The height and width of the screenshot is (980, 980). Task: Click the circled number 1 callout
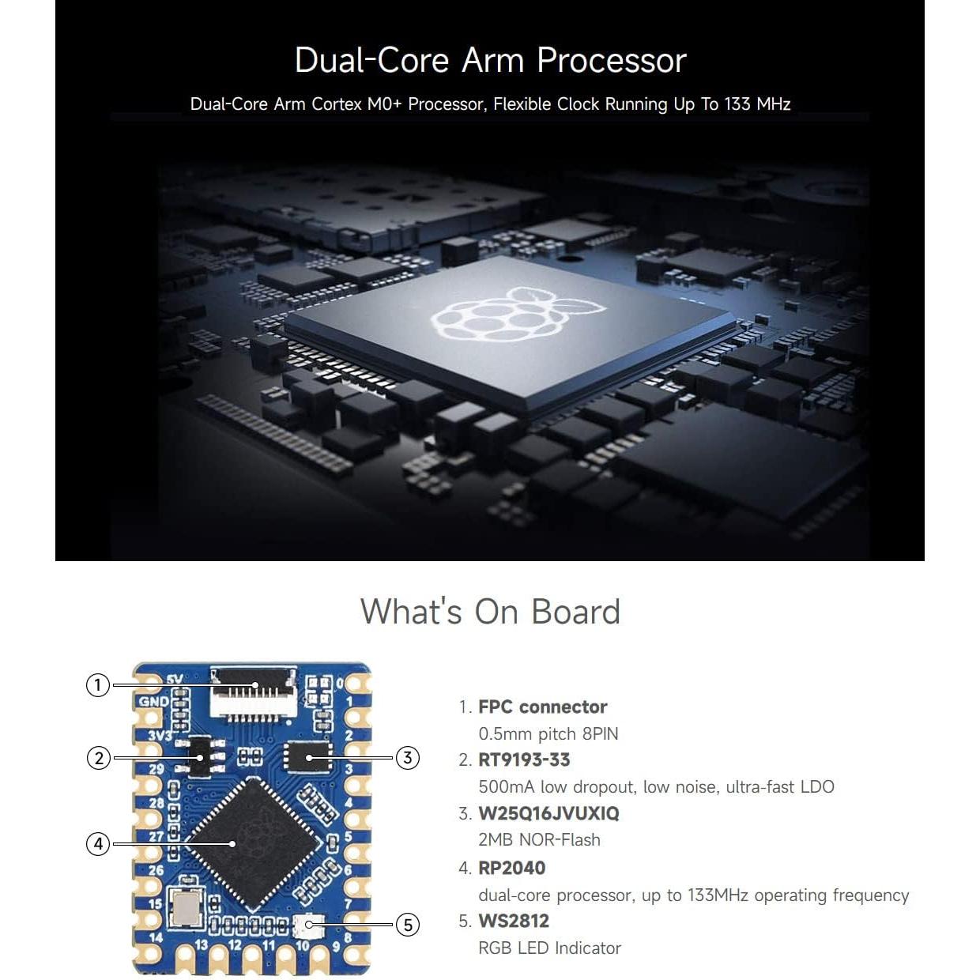pyautogui.click(x=98, y=684)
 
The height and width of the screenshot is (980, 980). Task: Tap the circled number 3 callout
pyautogui.click(x=407, y=758)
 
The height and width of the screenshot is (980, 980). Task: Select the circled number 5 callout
pyautogui.click(x=408, y=925)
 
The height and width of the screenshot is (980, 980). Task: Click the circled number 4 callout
pyautogui.click(x=98, y=844)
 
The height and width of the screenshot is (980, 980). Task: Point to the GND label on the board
pyautogui.click(x=153, y=702)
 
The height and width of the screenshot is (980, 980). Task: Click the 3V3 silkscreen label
pyautogui.click(x=160, y=736)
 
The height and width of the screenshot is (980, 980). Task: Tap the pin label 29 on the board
pyautogui.click(x=156, y=768)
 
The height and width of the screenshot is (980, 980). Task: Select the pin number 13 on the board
pyautogui.click(x=202, y=945)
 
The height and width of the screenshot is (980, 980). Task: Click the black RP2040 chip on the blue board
pyautogui.click(x=253, y=844)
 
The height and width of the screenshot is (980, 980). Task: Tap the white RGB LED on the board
pyautogui.click(x=309, y=926)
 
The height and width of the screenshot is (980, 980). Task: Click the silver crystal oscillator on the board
pyautogui.click(x=184, y=906)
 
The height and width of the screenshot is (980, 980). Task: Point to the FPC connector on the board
pyautogui.click(x=253, y=692)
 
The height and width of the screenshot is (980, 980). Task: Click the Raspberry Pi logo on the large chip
pyautogui.click(x=518, y=314)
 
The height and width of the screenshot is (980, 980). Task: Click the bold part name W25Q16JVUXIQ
pyautogui.click(x=548, y=813)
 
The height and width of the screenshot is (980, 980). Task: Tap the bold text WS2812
pyautogui.click(x=514, y=921)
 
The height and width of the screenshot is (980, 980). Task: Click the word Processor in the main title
pyautogui.click(x=611, y=60)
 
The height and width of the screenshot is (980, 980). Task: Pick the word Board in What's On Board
pyautogui.click(x=575, y=611)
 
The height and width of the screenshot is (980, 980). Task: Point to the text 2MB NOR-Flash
pyautogui.click(x=539, y=839)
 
